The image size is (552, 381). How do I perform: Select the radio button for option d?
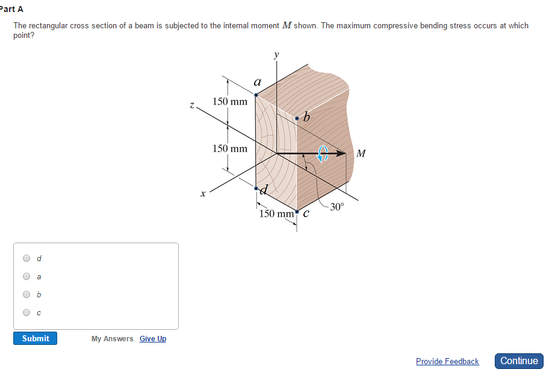tap(26, 258)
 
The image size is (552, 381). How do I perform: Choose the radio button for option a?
tap(26, 277)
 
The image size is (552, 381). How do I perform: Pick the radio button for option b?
tap(26, 295)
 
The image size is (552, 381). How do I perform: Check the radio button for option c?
tap(26, 312)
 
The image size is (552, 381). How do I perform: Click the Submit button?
tap(36, 338)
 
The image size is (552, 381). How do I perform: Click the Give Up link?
tap(153, 339)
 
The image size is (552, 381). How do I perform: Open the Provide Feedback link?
tap(447, 361)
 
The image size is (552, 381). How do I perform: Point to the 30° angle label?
tap(337, 207)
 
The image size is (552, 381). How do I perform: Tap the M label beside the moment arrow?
tap(361, 153)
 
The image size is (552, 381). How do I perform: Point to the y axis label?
tap(276, 55)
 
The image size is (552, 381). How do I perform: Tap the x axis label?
tap(203, 193)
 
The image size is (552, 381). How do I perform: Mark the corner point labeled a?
tap(256, 94)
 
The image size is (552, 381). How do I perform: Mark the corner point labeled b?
tap(297, 119)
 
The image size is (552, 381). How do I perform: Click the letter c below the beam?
tap(306, 213)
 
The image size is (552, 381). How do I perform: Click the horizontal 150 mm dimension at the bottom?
tap(276, 214)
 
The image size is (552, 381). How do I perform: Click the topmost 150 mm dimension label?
tap(230, 101)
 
